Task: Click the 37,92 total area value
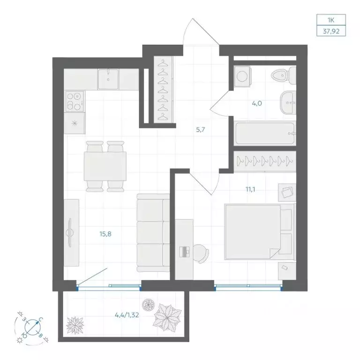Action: coord(331,31)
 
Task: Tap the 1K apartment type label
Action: coord(331,20)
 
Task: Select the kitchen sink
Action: coord(108,79)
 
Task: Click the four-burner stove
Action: coord(75,101)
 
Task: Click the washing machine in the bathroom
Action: coord(242,76)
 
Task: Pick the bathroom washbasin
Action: coord(288,102)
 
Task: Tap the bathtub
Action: coord(265,133)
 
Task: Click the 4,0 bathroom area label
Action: coord(257,104)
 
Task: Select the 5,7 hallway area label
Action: coord(200,130)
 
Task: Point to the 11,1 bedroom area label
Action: coord(250,190)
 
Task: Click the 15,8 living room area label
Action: coord(105,234)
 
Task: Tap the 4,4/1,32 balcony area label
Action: coord(127,315)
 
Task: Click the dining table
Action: coord(105,166)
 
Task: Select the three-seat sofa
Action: coord(153,232)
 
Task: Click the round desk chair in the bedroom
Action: coord(201,254)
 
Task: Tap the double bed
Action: coord(259,232)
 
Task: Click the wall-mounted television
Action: coord(69,232)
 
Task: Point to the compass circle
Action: coord(33,327)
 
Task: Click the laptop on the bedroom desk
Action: coord(185,252)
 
